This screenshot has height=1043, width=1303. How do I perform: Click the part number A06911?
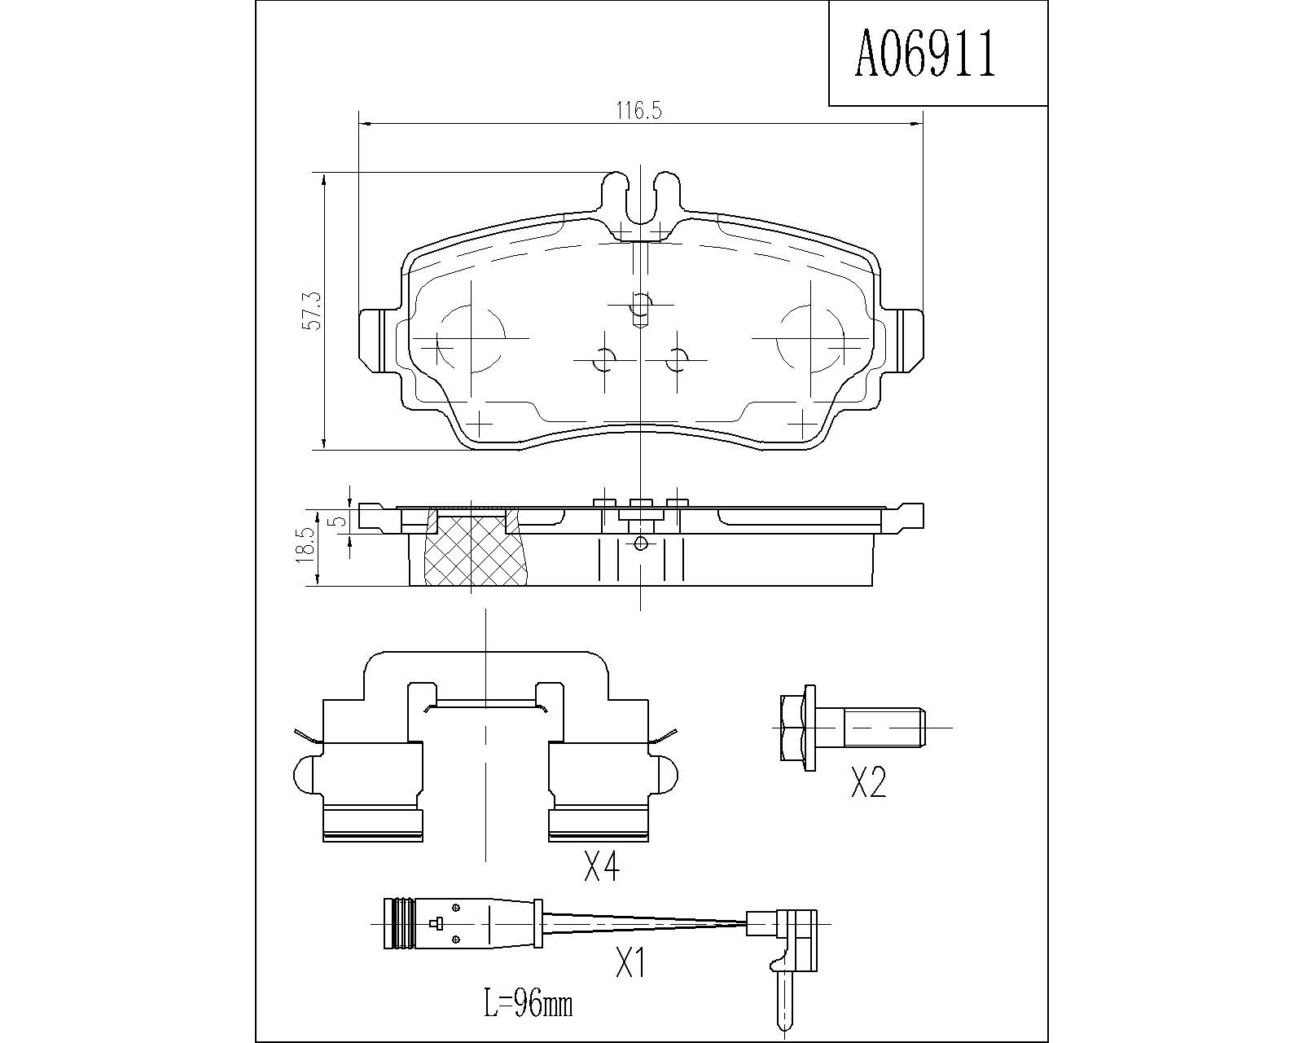pos(924,55)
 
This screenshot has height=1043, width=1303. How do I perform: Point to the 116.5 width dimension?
pos(639,111)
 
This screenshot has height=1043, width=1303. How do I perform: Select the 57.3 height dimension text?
pos(314,311)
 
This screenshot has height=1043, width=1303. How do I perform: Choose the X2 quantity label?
pos(868,781)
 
